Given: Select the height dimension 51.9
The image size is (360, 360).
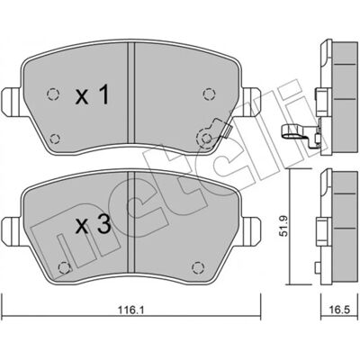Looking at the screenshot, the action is (x=283, y=226).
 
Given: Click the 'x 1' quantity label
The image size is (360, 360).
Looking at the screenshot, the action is (x=92, y=94).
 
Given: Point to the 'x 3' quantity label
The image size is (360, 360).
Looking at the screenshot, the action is (x=93, y=226).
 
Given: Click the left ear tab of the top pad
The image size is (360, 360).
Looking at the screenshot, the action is (x=12, y=101).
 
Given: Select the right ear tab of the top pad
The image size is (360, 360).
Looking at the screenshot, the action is (x=250, y=101).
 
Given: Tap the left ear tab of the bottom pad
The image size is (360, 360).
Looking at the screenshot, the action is (x=12, y=230).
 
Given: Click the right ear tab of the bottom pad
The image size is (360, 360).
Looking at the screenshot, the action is (x=250, y=230).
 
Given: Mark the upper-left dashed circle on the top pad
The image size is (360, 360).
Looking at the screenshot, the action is (x=53, y=94).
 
